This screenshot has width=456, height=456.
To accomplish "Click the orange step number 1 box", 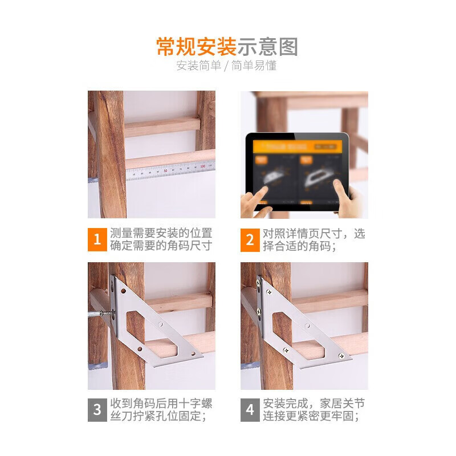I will click(97, 239).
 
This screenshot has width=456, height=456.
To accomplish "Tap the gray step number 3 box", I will click(97, 409).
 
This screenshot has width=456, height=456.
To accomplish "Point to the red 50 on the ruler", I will click(165, 170).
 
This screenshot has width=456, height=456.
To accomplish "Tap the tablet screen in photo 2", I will click(296, 172).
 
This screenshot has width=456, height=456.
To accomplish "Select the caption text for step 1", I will click(161, 239).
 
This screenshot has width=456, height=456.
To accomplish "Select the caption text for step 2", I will click(314, 239).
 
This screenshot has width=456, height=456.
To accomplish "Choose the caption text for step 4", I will click(314, 409).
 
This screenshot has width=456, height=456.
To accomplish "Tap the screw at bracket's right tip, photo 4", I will click(340, 356).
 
